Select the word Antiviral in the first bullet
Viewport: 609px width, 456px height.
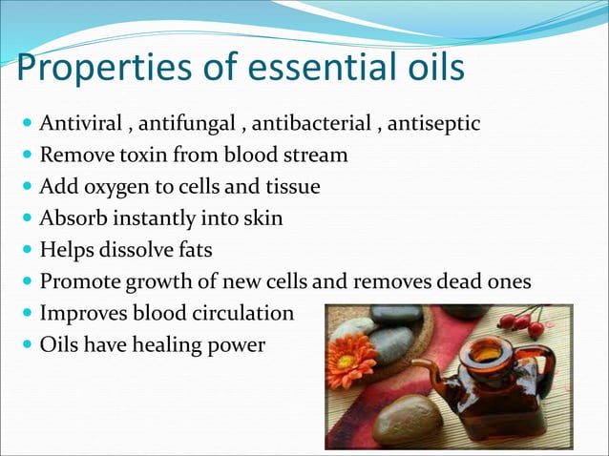click(x=81, y=124)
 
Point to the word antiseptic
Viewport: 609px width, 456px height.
click(x=435, y=124)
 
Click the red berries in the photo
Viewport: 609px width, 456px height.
click(x=521, y=322)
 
